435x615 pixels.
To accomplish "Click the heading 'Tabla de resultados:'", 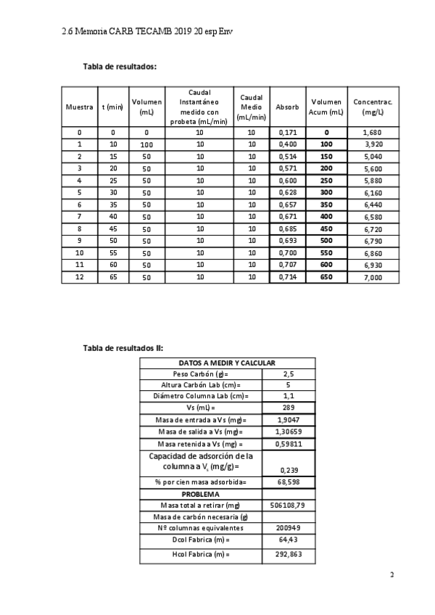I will pos(120,67).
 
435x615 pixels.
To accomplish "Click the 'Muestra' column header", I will pos(79,107).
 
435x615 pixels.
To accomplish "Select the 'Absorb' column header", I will pos(287,107).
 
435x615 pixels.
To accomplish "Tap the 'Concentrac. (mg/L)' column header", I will pos(373,107).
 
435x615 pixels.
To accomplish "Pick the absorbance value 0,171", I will pos(288,133).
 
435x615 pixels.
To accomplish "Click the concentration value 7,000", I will pos(373,278).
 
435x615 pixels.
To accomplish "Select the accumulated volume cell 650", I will pos(326,278).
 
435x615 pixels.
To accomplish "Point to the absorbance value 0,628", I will pos(288,193).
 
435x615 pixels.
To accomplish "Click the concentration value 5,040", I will pos(373,157).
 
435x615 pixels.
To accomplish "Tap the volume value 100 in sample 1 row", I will pos(146,145).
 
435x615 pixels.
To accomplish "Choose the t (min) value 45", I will pos(113,229).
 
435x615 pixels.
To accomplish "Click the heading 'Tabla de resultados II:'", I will pos(123,348).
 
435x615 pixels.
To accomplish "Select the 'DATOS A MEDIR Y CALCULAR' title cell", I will pos(227,363).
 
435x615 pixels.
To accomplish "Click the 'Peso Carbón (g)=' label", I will pos(201,373).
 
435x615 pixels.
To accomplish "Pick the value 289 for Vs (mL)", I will pos(289,408).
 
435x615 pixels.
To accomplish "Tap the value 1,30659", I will pos(289,432).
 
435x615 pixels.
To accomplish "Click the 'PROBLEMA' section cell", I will pos(201,494).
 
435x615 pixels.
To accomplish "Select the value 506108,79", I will pos(289,505).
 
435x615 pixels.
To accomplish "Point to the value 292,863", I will pos(289,555).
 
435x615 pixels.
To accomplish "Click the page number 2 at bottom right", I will pos(392,575).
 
